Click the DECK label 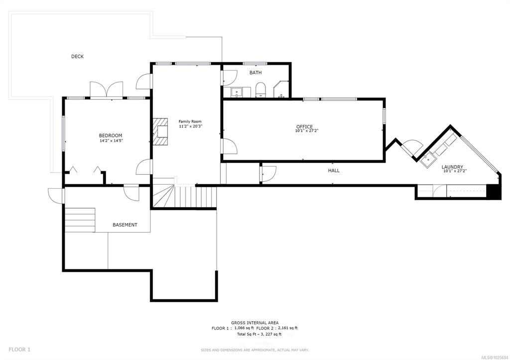[x=77, y=57]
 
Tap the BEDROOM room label [x=111, y=135]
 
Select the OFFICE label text [x=304, y=126]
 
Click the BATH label [x=255, y=73]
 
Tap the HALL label [x=334, y=170]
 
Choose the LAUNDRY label [x=452, y=167]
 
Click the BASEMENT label [x=125, y=225]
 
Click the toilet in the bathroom [x=260, y=90]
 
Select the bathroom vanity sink [x=237, y=92]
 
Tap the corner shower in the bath [x=281, y=89]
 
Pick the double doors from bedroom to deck [x=107, y=89]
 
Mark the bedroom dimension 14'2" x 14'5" [x=111, y=141]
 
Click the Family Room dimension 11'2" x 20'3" [x=191, y=126]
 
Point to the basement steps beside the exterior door [x=80, y=220]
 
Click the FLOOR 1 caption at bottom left [x=19, y=350]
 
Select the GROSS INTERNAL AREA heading [x=255, y=323]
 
